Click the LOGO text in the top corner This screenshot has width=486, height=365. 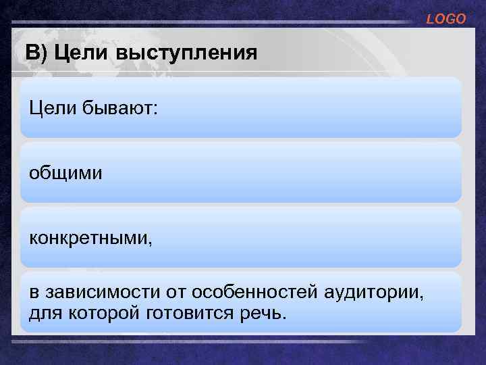click(446, 20)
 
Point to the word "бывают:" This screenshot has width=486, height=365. click(122, 109)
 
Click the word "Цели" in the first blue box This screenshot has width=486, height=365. click(52, 108)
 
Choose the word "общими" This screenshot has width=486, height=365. click(65, 174)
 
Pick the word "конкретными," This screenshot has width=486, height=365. click(90, 239)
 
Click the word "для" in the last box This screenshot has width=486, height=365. click(43, 312)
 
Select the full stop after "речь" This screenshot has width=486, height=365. click(284, 316)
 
